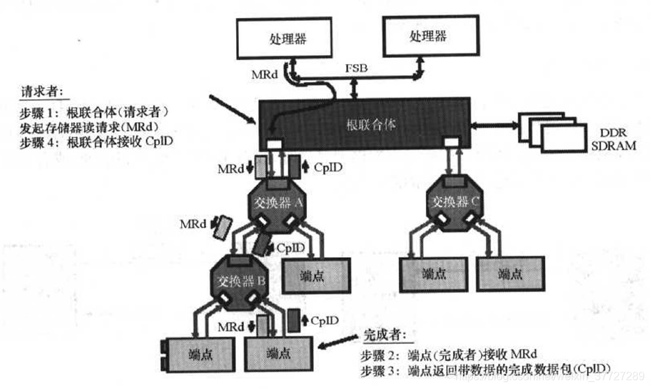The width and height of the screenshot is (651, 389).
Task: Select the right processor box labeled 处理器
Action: [x=428, y=36]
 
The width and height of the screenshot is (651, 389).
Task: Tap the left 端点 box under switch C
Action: [x=432, y=273]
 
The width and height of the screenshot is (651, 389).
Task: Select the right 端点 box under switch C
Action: [x=510, y=273]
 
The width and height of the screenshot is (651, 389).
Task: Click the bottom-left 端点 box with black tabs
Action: [x=199, y=354]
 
